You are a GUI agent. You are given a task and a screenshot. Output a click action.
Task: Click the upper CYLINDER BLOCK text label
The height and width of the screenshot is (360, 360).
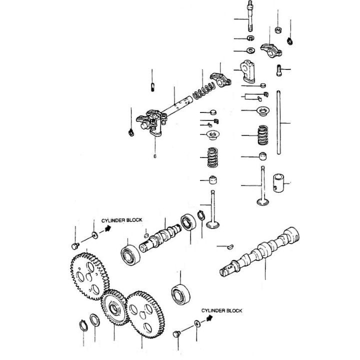click(121, 220)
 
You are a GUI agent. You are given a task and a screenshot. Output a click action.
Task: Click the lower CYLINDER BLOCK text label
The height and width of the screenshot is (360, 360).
click(221, 310)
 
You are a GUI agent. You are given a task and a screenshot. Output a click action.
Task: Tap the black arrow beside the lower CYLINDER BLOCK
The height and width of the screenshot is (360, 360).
click(209, 317)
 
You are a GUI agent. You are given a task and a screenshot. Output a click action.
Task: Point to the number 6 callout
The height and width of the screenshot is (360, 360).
click(155, 155)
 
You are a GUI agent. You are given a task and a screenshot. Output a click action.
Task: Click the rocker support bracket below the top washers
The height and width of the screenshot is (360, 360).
click(247, 70)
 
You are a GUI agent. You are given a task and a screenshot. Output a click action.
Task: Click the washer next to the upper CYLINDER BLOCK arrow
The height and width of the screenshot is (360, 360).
click(94, 234)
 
